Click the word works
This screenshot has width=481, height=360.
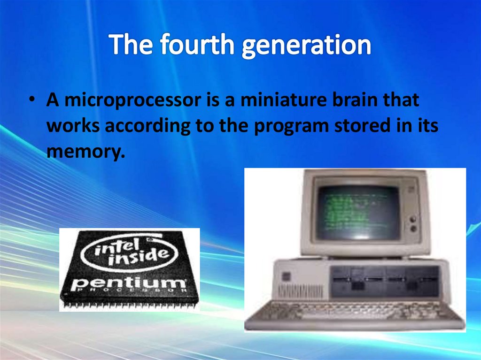coord(73,127)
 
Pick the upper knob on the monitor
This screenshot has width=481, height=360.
coord(414,218)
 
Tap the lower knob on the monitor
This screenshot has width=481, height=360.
coord(414,229)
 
